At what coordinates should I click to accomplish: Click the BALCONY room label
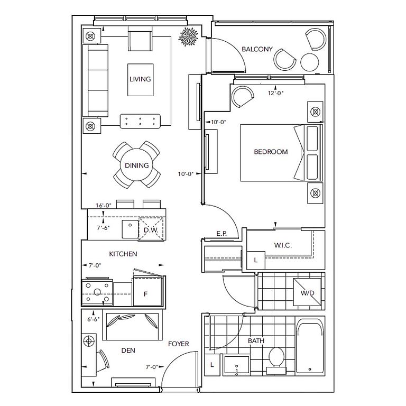point(257,49)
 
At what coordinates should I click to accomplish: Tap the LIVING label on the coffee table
point(140,79)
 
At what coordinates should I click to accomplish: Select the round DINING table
point(137,165)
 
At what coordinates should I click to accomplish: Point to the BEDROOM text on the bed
point(271,152)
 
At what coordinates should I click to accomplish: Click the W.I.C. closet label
point(283,246)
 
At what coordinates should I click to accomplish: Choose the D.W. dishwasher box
point(151,230)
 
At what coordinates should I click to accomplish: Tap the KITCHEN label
point(123,254)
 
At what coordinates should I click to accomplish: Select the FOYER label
point(179,344)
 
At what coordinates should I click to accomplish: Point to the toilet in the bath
point(275,357)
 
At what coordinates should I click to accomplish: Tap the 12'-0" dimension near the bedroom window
point(276,93)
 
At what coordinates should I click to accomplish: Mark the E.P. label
point(222,233)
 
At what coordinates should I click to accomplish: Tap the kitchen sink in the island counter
point(130,229)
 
